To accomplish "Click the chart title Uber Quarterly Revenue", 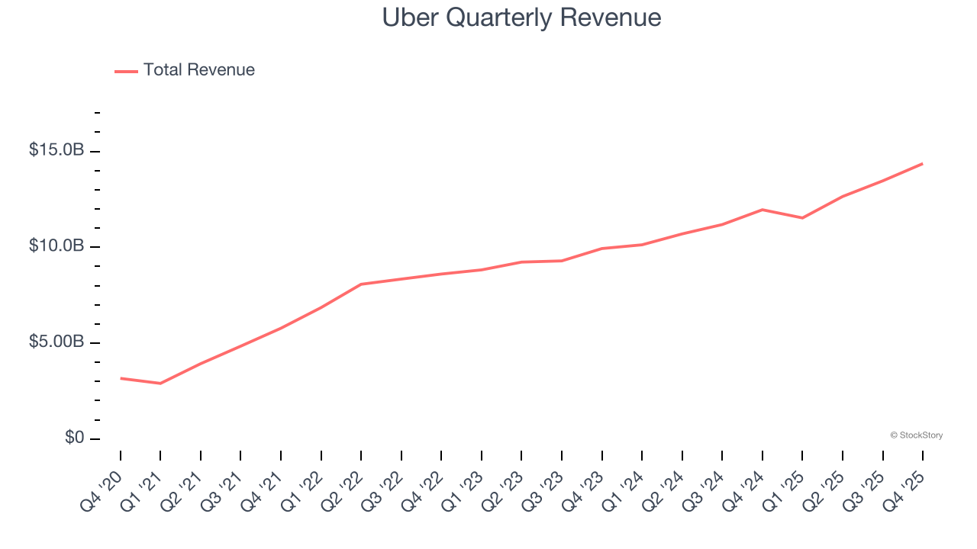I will [521, 18].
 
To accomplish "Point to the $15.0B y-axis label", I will [56, 150].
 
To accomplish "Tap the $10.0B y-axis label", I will [56, 246].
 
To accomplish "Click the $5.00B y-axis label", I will [56, 342].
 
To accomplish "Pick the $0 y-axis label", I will [73, 438].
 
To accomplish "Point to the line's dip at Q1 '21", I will [160, 384].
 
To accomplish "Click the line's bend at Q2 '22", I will [361, 284].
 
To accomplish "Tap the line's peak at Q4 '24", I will [763, 210].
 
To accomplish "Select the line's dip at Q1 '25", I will [802, 218].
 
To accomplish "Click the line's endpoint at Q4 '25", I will [922, 163].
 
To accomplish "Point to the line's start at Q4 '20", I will [121, 378].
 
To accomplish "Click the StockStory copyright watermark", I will [916, 435].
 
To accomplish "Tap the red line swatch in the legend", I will [126, 71].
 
